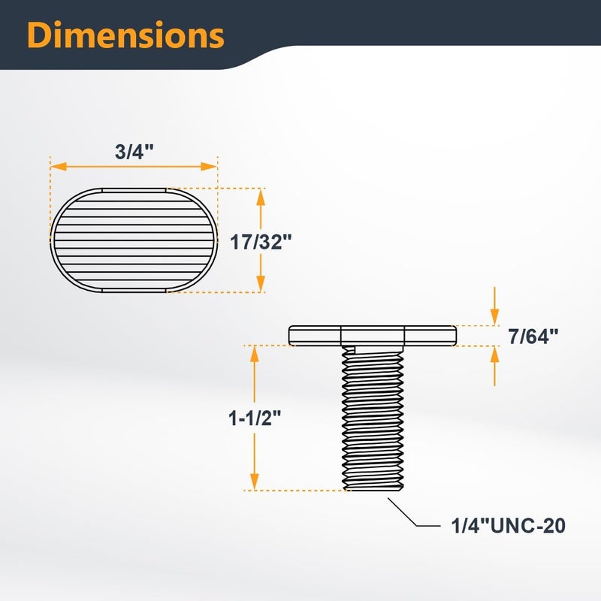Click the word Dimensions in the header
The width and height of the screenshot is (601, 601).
(x=125, y=35)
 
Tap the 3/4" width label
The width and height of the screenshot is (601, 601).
(x=134, y=152)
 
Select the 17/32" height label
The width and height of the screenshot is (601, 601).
(x=261, y=242)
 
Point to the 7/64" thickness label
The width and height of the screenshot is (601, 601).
(x=533, y=336)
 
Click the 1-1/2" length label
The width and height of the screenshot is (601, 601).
(x=255, y=418)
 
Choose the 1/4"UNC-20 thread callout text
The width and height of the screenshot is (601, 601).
(x=509, y=525)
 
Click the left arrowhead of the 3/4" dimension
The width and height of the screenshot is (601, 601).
(x=59, y=166)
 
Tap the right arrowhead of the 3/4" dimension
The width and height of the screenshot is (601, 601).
(x=210, y=166)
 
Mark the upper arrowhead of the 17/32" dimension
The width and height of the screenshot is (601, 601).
(x=261, y=197)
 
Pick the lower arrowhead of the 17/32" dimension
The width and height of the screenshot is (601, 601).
(x=261, y=284)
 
